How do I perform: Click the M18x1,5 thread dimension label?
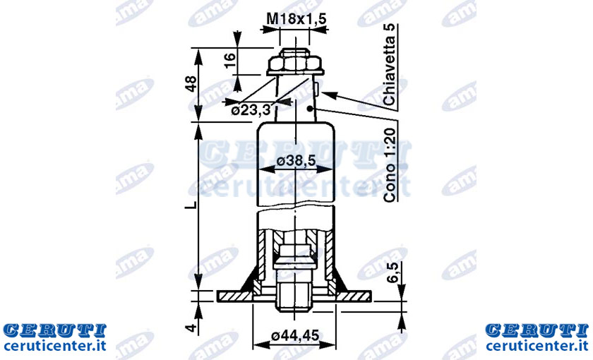[x=296, y=18]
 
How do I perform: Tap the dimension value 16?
[x=230, y=60]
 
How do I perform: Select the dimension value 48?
[x=191, y=84]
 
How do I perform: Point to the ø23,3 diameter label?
[x=251, y=110]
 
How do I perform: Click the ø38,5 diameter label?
[x=296, y=161]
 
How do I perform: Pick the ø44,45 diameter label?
[x=295, y=335]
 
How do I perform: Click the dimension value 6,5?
[x=393, y=272]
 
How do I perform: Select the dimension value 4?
[x=192, y=328]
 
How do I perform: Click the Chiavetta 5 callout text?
[x=389, y=65]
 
